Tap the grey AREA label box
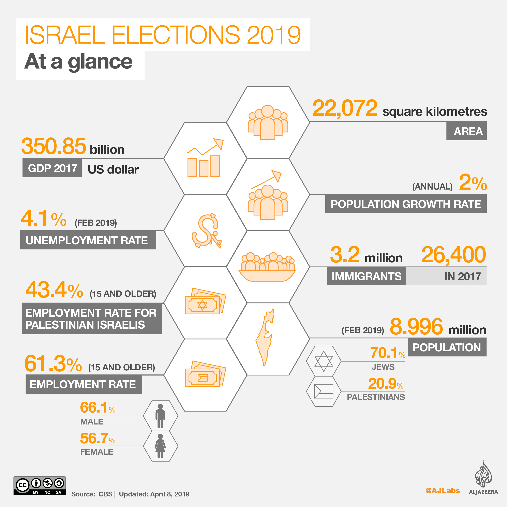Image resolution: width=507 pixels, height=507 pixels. point(466,131)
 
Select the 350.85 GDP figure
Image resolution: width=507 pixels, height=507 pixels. point(54,146)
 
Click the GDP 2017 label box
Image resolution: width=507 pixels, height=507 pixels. point(52,168)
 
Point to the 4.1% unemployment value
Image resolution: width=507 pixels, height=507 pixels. point(43,218)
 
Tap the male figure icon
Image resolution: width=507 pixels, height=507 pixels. point(160,416)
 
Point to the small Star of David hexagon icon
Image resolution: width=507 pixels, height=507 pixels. point(324,361)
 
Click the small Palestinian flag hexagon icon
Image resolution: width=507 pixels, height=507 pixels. point(324,391)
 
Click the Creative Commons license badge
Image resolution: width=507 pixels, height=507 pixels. point(40,486)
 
